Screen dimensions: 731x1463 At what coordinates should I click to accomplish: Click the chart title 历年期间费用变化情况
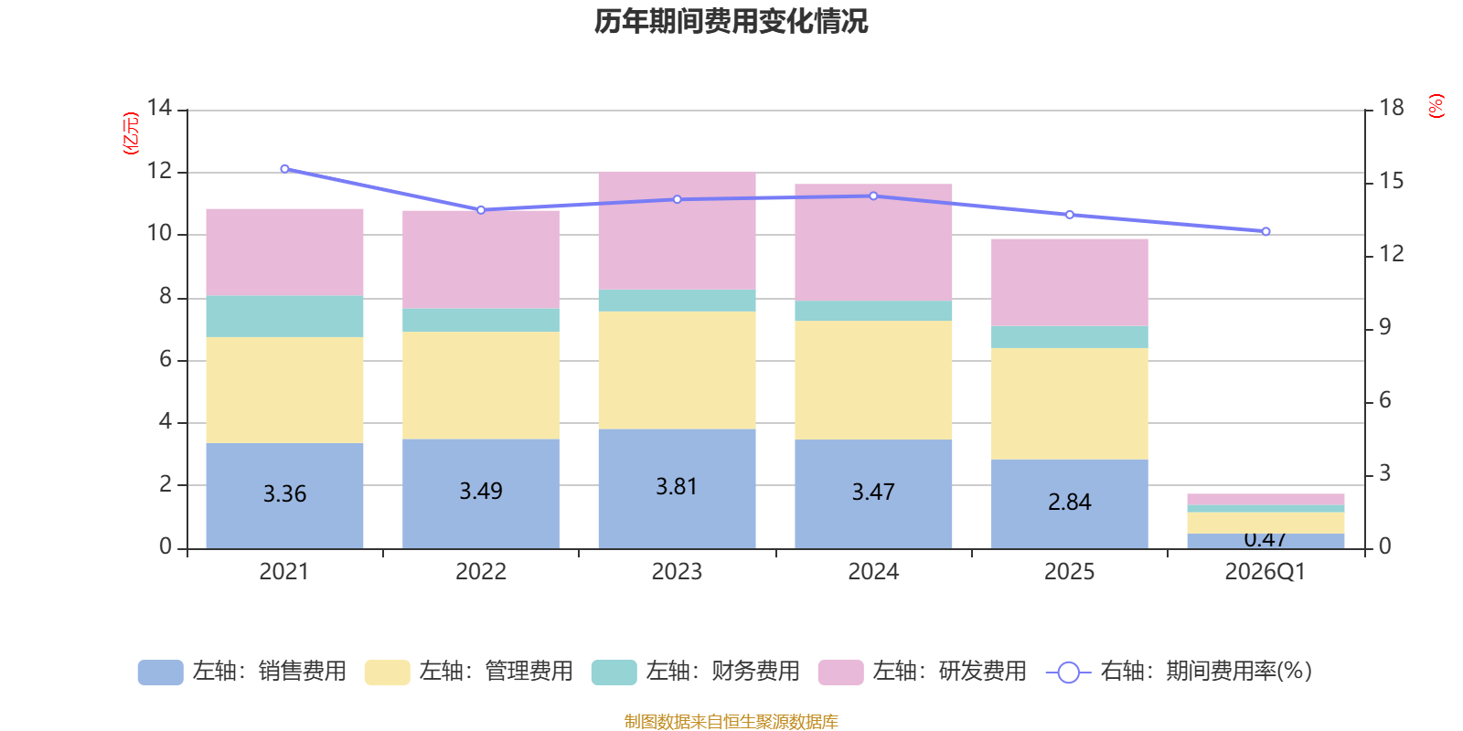[731, 21]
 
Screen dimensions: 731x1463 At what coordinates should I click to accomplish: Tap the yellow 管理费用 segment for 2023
[677, 370]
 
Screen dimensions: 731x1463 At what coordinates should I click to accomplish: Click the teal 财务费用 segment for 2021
[284, 316]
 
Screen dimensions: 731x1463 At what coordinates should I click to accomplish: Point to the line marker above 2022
[481, 210]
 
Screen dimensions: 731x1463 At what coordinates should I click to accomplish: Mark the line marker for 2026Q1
[1265, 231]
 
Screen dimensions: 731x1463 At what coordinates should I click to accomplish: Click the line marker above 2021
[284, 169]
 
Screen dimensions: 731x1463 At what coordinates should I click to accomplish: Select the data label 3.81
[677, 487]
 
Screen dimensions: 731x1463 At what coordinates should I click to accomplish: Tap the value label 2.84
[1069, 503]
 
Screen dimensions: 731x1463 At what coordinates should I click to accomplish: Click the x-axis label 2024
[873, 572]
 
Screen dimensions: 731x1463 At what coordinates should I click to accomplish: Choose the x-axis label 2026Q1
[1265, 572]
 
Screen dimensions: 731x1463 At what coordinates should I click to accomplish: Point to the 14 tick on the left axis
[159, 108]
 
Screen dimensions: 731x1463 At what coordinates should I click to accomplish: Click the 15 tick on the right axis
[1391, 181]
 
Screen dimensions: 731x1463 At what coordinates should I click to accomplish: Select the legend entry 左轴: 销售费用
[242, 672]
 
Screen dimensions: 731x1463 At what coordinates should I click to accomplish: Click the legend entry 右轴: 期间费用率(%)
[1180, 672]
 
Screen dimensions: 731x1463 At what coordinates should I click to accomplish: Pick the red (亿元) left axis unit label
[131, 133]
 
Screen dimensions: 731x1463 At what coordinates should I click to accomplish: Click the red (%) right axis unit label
[1436, 106]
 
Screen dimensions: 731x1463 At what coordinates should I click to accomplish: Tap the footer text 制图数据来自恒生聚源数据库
[731, 722]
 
